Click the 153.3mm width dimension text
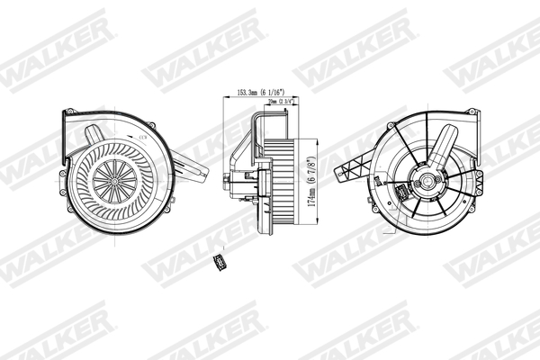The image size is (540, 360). point(262,92)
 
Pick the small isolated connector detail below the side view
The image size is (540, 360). point(216,262)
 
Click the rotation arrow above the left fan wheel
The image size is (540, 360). point(141,136)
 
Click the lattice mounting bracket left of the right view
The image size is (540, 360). point(353,167)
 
